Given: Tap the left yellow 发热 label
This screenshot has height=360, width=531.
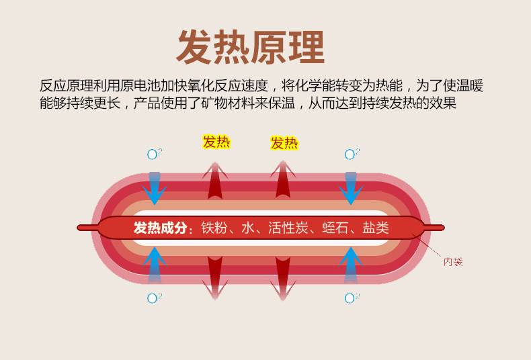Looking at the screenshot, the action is click(x=216, y=142).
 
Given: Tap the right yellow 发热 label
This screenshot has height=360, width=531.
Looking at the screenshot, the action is click(x=284, y=142).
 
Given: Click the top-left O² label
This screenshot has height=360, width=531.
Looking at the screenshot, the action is click(x=155, y=154).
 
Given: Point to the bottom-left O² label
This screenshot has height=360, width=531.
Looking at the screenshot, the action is click(x=155, y=298).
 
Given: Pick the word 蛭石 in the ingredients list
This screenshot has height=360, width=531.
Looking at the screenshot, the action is click(x=335, y=228).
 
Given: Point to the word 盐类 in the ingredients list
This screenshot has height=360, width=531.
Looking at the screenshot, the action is click(x=376, y=228).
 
